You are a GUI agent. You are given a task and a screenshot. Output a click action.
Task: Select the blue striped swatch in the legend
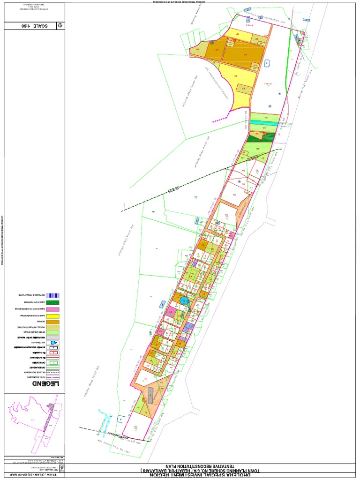coord(55,295)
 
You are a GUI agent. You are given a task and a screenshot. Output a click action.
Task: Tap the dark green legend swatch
coord(55,303)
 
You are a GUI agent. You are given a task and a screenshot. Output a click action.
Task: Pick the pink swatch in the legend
coord(55,310)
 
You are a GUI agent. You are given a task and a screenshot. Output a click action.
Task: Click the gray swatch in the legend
coord(55,337)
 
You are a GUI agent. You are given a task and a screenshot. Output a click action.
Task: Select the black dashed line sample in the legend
coord(55,370)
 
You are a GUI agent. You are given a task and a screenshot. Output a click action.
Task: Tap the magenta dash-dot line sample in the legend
coord(55,376)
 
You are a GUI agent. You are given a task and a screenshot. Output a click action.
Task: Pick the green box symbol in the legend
coord(55,362)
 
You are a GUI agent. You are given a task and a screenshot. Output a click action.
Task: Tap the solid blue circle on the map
coord(184,300)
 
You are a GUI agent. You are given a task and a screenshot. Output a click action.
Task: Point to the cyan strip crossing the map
coord(265,122)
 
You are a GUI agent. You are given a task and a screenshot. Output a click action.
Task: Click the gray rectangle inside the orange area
coord(150,396)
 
